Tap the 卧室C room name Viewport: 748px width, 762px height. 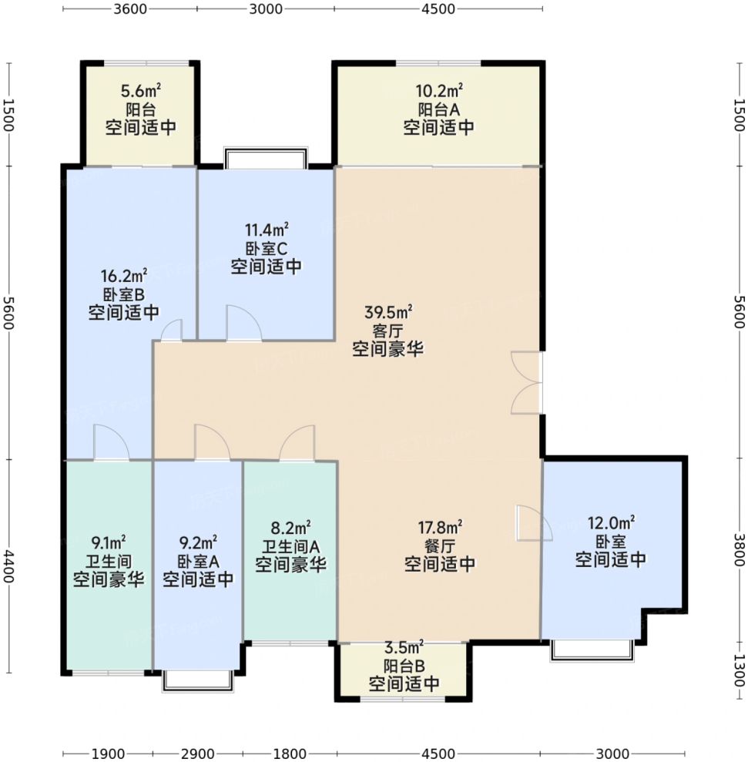point(266,249)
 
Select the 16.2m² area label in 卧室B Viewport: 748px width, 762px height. point(124,277)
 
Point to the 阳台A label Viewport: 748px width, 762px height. point(438,109)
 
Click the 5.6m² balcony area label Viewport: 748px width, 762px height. point(140,91)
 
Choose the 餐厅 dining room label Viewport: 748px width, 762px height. point(439,545)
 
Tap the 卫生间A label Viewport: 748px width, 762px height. point(290,547)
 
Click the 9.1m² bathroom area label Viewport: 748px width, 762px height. point(109,542)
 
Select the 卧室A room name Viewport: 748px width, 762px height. point(198,562)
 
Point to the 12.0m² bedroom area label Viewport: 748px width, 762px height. point(611,523)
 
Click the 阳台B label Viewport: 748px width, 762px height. point(404,665)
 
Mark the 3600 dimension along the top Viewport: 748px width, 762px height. point(130,8)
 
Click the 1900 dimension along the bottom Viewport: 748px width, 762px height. point(108,754)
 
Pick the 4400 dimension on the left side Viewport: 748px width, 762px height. point(8,566)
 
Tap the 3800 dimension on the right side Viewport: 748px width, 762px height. point(739,550)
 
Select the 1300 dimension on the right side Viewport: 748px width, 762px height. point(739,670)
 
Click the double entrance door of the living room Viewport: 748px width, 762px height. point(527,384)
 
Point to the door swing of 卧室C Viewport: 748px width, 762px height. point(244,323)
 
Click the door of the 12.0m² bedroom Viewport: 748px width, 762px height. point(534,523)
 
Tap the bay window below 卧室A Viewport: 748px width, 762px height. point(197,681)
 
